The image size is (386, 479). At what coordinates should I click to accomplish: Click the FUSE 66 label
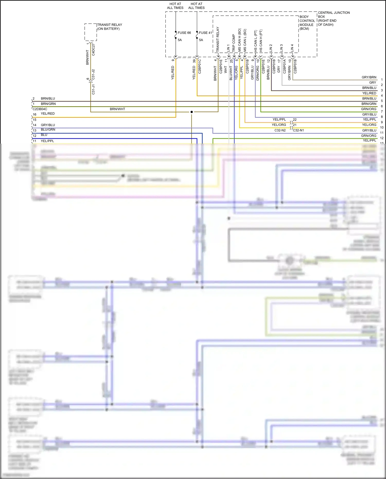(184, 33)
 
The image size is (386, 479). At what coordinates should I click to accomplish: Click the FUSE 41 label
(205, 33)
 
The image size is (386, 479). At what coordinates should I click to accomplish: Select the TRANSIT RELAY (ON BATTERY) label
(110, 27)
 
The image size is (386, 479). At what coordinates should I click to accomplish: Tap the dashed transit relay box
(91, 32)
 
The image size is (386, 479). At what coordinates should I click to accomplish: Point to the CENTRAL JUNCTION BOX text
(334, 19)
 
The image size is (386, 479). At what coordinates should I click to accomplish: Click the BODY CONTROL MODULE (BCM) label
(307, 23)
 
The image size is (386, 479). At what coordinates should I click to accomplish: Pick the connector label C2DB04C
(40, 109)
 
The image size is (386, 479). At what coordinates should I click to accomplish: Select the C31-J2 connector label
(93, 74)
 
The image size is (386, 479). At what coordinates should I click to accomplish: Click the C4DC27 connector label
(93, 49)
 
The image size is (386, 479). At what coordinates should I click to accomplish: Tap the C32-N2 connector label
(280, 130)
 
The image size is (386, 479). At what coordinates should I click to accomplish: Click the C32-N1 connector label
(299, 130)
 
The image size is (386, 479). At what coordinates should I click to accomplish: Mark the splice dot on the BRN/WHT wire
(192, 112)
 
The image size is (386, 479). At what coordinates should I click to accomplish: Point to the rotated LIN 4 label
(292, 48)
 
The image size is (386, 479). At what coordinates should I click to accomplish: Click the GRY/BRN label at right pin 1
(369, 77)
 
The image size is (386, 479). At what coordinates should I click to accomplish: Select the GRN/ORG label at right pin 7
(369, 109)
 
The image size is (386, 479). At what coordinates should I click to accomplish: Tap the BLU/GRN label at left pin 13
(48, 130)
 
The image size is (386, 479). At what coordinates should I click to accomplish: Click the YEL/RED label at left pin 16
(48, 114)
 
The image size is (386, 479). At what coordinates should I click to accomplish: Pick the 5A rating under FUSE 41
(201, 40)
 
